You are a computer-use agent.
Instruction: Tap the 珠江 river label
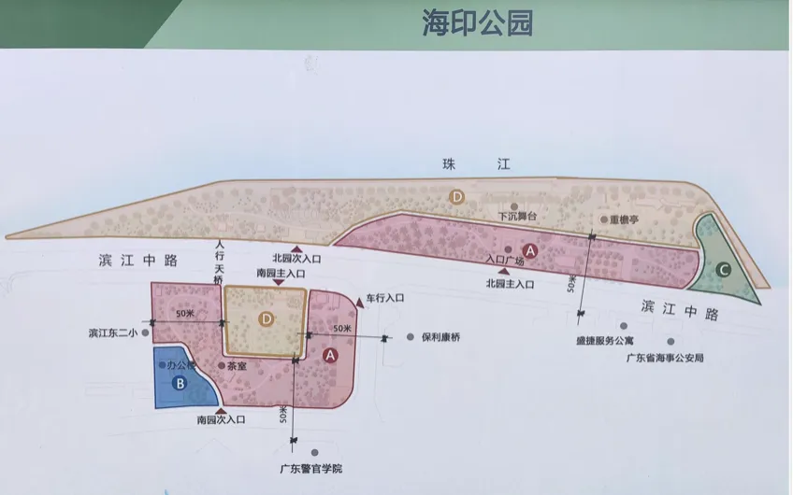point(477,164)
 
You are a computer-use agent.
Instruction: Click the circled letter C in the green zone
point(723,270)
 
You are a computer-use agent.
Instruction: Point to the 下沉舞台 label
point(518,216)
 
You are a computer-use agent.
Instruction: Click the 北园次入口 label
point(296,258)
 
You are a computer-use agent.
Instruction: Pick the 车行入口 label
point(384,298)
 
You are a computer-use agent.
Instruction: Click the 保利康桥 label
point(441,336)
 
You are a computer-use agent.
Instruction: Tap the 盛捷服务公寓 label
point(609,342)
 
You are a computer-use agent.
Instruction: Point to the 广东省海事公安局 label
point(665,357)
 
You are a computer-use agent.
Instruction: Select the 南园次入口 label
point(221,420)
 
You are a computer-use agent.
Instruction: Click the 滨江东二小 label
point(113,332)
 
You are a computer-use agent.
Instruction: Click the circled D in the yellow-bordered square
point(267,319)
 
